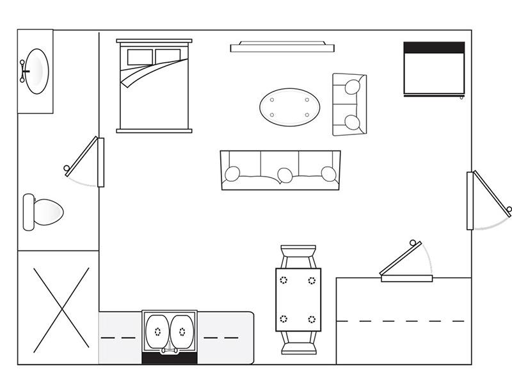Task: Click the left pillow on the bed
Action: (140, 57)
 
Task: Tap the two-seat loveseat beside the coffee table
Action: (349, 104)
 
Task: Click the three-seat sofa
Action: (280, 170)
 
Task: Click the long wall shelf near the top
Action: (282, 47)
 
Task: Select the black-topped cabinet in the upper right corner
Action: (434, 69)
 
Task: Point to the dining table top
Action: (298, 300)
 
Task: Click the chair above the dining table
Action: (298, 255)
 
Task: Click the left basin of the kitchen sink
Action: (157, 332)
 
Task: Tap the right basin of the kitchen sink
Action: (182, 332)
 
